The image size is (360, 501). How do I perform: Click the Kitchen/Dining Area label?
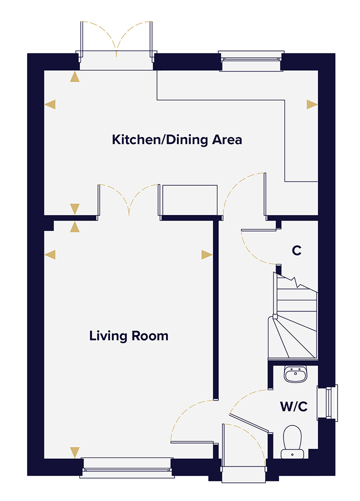coord(177,139)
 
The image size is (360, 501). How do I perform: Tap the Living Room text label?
coord(129,335)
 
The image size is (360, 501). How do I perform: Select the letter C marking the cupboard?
coord(296,251)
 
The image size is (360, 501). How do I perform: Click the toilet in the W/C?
coord(293,440)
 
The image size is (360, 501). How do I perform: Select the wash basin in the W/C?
coord(295,374)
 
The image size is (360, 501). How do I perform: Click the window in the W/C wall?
coord(330,402)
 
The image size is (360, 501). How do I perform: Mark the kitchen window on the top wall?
coord(251,59)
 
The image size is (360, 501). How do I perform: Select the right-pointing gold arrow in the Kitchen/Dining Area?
coord(312,104)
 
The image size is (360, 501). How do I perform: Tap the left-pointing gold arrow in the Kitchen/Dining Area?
coord(50,104)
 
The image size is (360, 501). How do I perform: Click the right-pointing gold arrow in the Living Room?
coord(207,254)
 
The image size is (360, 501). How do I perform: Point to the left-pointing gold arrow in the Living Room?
coord(50,254)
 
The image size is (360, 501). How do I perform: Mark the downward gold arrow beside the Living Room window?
coord(75,452)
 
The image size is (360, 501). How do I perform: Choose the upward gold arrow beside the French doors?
coord(75,76)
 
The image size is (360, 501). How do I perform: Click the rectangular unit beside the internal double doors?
coord(188,201)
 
